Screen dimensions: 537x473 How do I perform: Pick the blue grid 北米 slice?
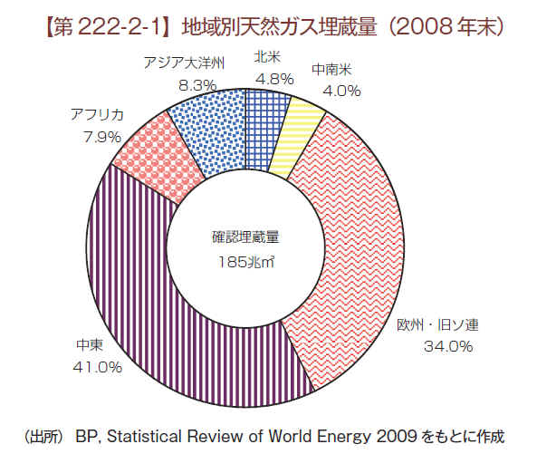tap(265, 130)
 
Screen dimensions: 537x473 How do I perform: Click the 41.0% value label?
tap(97, 367)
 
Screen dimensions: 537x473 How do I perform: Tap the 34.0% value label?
tap(448, 346)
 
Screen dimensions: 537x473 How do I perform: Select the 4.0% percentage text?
tap(341, 91)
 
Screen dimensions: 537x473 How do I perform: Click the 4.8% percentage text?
tap(275, 79)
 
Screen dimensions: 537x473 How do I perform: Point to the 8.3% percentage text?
tap(197, 85)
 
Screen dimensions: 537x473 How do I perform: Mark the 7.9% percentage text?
tap(102, 137)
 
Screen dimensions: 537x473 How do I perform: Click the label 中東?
tap(90, 344)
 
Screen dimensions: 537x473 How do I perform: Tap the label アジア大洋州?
tap(184, 63)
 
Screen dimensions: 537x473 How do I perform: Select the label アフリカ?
tap(97, 114)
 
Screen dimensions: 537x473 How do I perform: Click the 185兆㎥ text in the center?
tap(246, 262)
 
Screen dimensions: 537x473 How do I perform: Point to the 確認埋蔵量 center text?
tap(246, 237)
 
